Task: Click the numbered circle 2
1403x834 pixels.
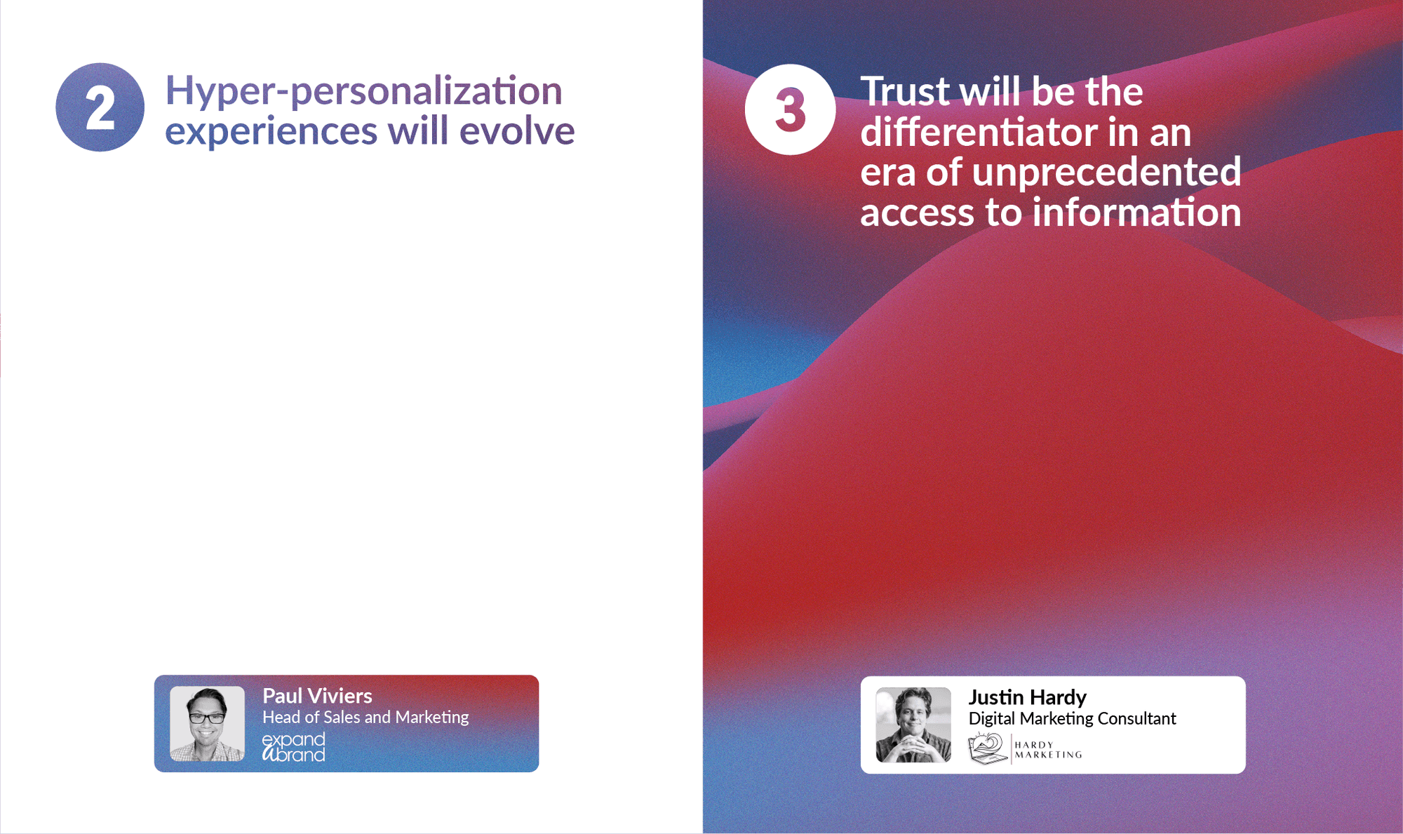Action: (100, 107)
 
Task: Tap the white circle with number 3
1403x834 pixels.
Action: (791, 109)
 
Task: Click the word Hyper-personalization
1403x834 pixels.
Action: (363, 92)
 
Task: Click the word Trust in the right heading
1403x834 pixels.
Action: (905, 92)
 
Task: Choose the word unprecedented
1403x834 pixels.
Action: (1106, 173)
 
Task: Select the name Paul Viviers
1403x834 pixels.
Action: (317, 696)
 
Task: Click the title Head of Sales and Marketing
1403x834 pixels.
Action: (365, 718)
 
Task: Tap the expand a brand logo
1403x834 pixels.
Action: (293, 748)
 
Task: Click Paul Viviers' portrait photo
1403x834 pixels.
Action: (207, 724)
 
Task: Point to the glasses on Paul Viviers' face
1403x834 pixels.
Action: (207, 718)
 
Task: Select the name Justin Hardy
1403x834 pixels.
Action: (1027, 697)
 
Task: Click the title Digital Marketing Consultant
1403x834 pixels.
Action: (1072, 719)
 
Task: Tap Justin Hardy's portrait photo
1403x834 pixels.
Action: (913, 725)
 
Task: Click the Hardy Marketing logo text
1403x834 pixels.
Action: (1048, 750)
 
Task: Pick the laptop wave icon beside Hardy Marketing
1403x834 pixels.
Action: (988, 748)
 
